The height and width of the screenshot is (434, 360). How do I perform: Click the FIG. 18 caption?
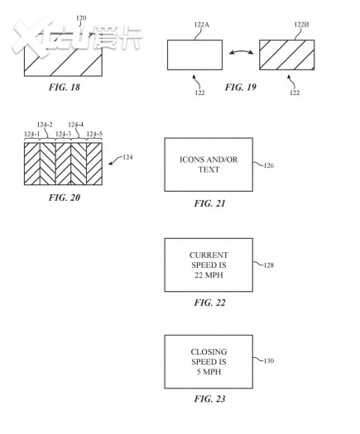pyautogui.click(x=65, y=87)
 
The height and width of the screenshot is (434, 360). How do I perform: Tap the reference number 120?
pyautogui.click(x=81, y=18)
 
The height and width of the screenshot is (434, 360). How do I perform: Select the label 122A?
pyautogui.click(x=201, y=25)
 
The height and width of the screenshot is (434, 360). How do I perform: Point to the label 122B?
pyautogui.click(x=301, y=25)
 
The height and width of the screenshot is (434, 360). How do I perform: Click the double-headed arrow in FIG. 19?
pyautogui.click(x=241, y=51)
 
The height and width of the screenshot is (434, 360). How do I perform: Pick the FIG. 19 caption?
pyautogui.click(x=241, y=87)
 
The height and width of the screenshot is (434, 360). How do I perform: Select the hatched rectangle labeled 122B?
pyautogui.click(x=287, y=55)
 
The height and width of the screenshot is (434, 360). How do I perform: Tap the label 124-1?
pyautogui.click(x=32, y=134)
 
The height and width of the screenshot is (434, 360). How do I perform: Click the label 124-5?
pyautogui.click(x=94, y=134)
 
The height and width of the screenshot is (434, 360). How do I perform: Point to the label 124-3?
pyautogui.click(x=63, y=134)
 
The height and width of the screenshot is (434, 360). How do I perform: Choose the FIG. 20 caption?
pyautogui.click(x=65, y=198)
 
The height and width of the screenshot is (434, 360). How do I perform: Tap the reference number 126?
pyautogui.click(x=268, y=165)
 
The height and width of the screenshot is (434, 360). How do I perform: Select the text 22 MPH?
pyautogui.click(x=209, y=275)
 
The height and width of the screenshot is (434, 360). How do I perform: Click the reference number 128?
pyautogui.click(x=268, y=265)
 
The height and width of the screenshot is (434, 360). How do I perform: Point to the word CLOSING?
pyautogui.click(x=209, y=352)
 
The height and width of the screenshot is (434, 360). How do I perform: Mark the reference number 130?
pyautogui.click(x=268, y=360)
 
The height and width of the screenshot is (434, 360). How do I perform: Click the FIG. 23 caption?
pyautogui.click(x=209, y=398)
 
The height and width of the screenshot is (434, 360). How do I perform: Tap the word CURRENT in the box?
pyautogui.click(x=209, y=255)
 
